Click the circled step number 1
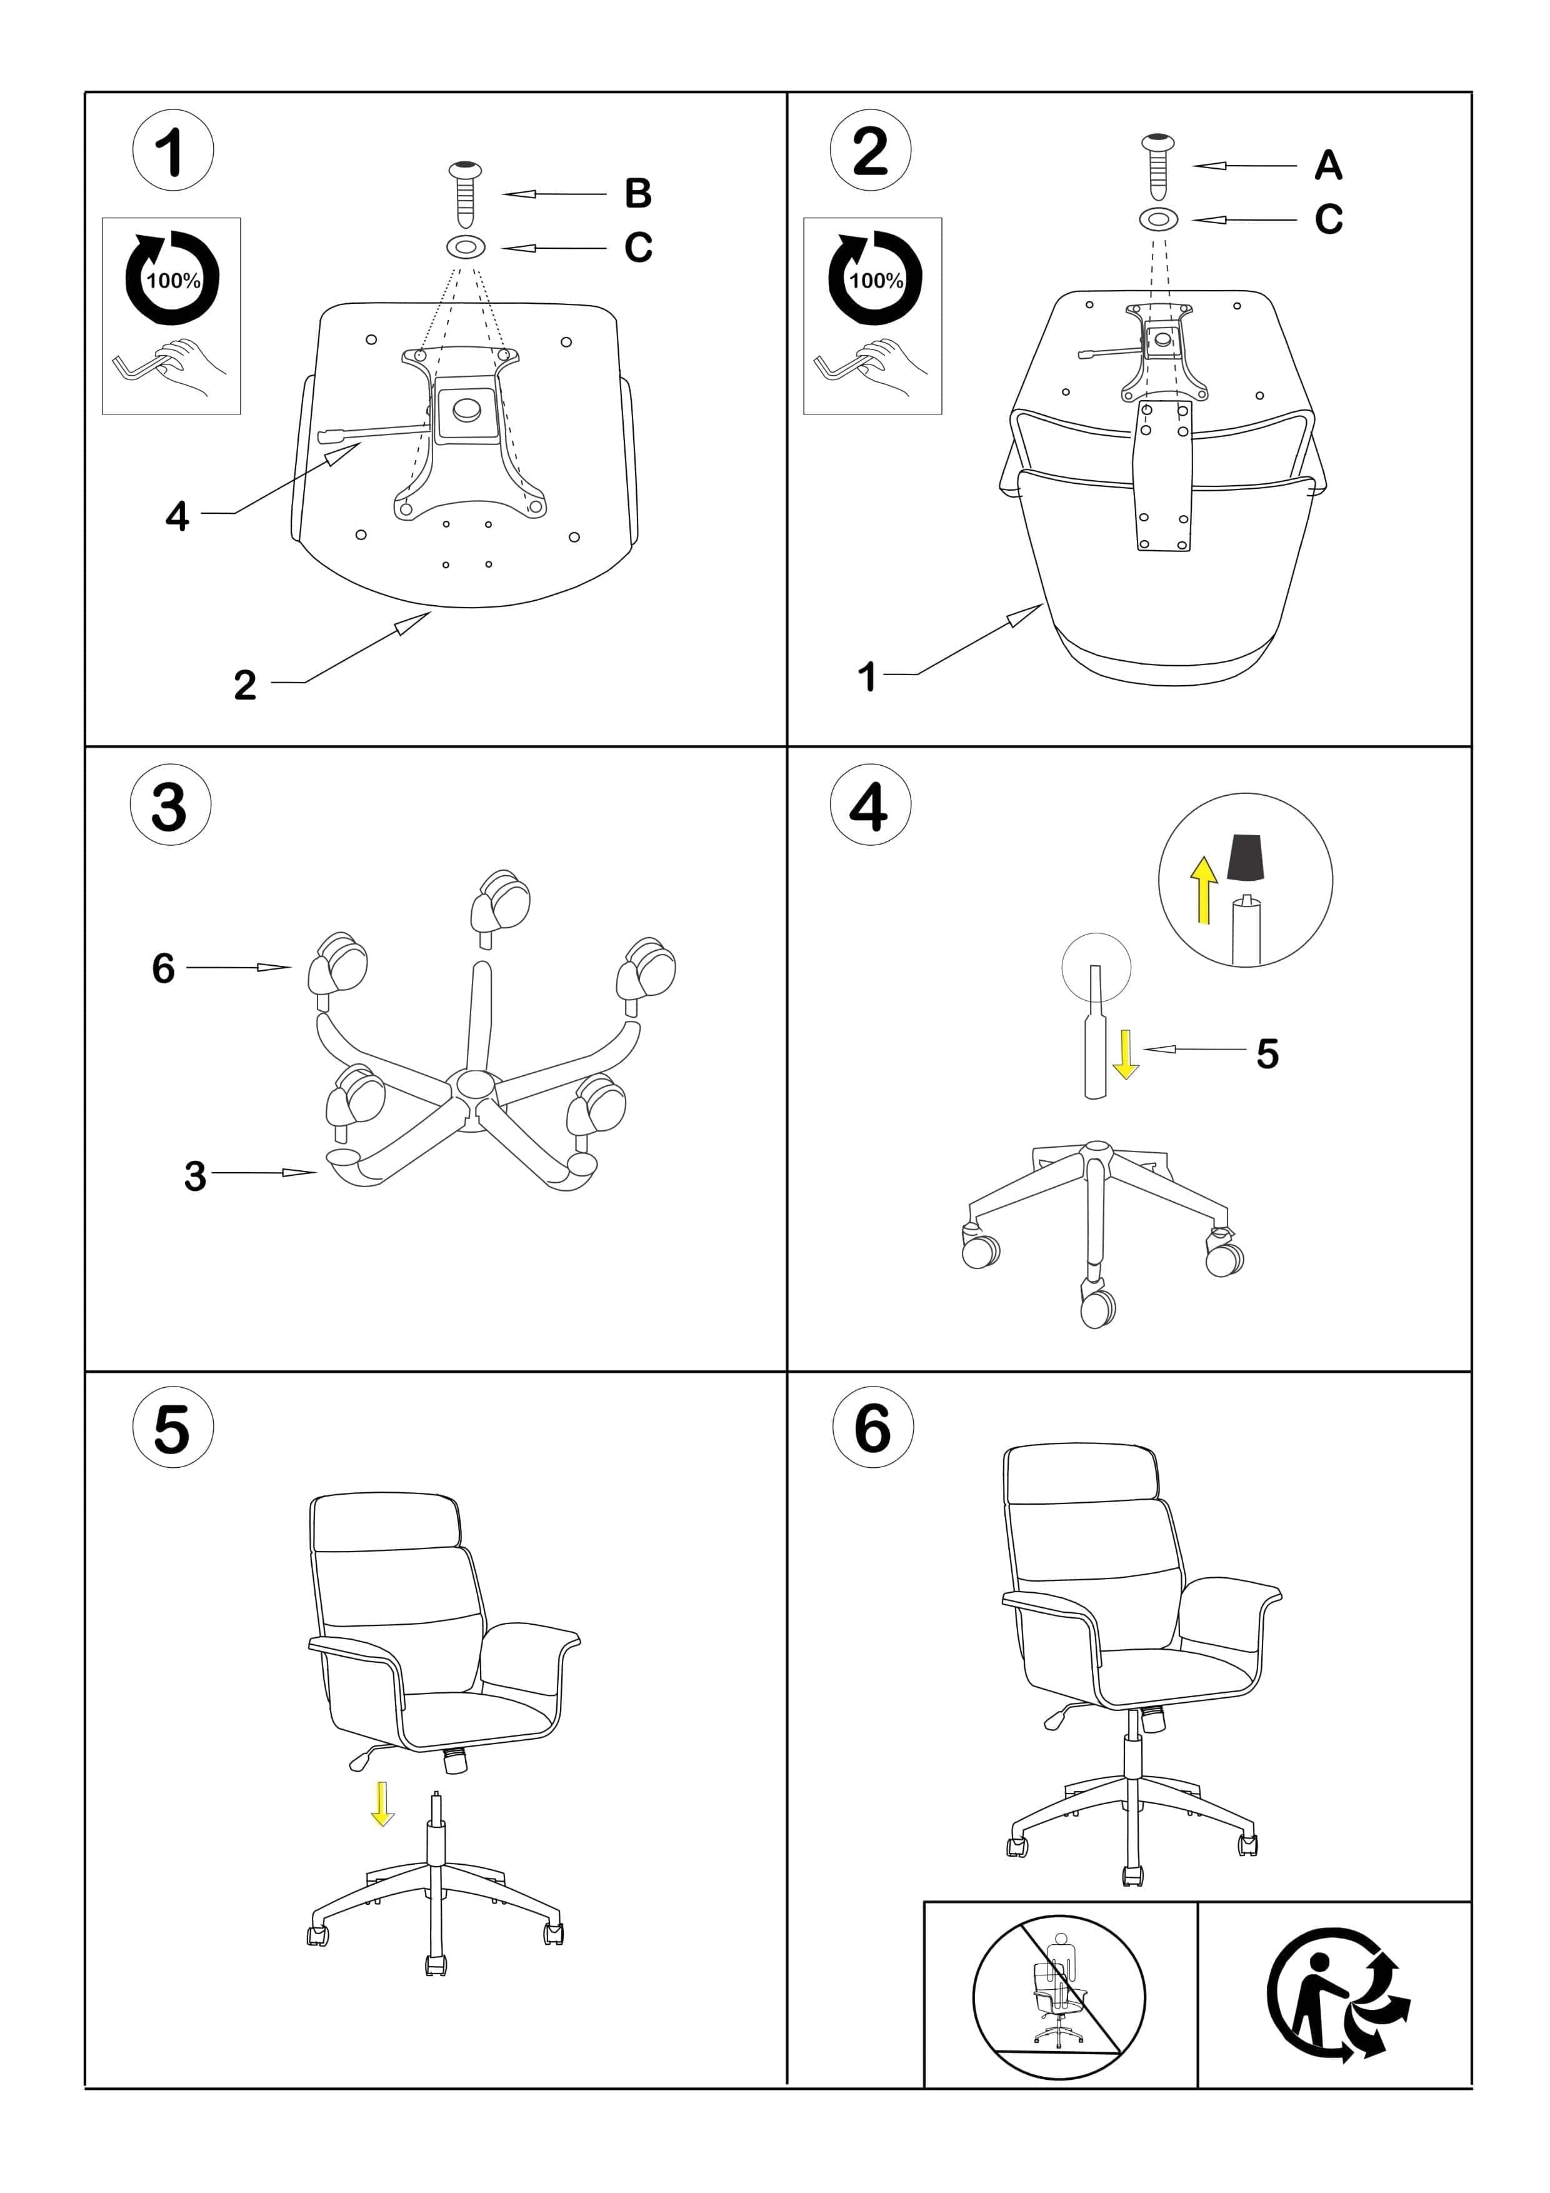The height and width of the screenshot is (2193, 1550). coord(173,151)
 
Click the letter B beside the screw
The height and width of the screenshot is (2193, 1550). coord(638,194)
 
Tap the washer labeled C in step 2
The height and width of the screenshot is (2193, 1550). coord(1159,219)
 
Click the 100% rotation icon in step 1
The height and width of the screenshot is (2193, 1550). coord(173,278)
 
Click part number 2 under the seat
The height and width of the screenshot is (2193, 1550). coord(246,685)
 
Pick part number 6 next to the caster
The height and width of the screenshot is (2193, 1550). coord(163,968)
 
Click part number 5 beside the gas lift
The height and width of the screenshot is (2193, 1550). coord(1267,1053)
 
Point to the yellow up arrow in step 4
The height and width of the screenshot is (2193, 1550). coord(1204,889)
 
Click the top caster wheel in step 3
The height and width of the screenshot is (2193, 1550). coord(501,901)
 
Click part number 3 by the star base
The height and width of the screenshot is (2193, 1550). coord(195,1177)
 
